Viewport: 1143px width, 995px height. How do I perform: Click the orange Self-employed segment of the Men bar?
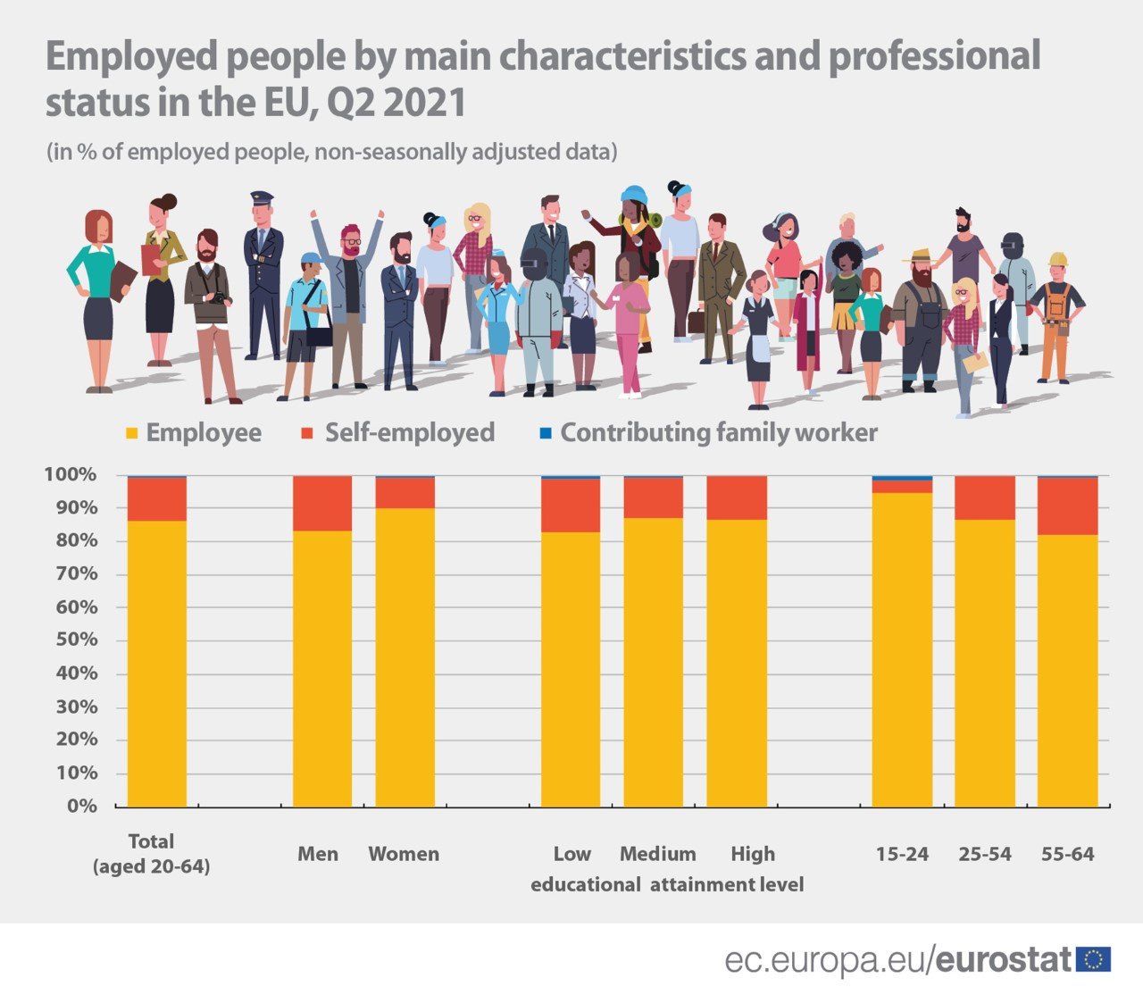322,504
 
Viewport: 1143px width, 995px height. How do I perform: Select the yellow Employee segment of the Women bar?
405,656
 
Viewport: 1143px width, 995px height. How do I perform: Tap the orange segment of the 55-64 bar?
1067,506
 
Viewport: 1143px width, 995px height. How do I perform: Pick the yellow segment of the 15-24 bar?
902,649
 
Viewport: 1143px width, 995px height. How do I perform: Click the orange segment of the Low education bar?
571,506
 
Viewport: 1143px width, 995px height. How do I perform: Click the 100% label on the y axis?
71,474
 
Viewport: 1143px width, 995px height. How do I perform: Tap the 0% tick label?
81,807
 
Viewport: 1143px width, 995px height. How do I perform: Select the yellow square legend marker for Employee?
132,434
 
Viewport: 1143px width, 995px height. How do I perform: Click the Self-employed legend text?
409,433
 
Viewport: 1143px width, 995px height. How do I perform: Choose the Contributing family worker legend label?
718,433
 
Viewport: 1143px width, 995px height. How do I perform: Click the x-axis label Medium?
657,854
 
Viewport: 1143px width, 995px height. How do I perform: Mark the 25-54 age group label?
984,854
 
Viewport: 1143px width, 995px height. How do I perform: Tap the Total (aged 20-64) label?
151,854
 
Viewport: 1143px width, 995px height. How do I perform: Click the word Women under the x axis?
404,854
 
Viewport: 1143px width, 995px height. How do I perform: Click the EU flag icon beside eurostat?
1093,960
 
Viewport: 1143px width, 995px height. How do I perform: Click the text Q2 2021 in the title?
396,103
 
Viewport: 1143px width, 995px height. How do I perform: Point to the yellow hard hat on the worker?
1058,259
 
